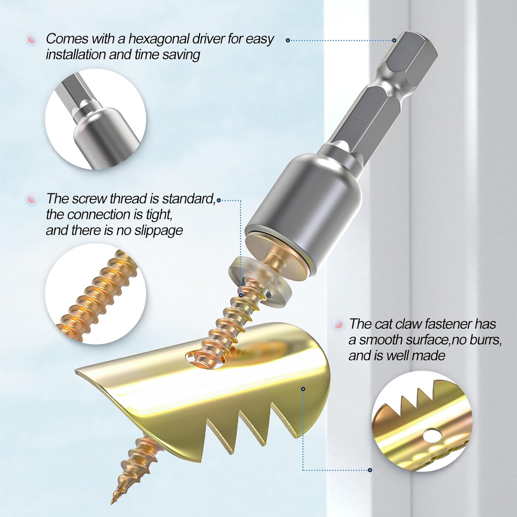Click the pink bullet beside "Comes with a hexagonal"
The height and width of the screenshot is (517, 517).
32,39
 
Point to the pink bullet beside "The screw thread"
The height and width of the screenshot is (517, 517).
32,199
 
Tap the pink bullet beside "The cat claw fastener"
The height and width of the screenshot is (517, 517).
338,324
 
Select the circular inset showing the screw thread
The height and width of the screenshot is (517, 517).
95,294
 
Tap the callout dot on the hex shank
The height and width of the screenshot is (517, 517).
394,40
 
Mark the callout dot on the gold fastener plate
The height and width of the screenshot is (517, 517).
303,389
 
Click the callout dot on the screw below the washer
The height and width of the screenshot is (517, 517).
241,295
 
